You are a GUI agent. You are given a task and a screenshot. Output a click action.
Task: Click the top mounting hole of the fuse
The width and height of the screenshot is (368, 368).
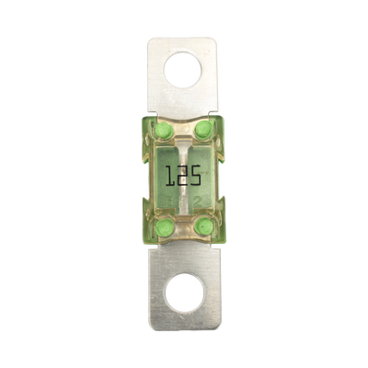coord(184,69)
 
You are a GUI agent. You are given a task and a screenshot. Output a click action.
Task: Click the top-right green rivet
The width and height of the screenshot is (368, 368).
coord(205,126)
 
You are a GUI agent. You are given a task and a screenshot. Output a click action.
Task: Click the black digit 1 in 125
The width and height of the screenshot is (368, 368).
coord(171,174)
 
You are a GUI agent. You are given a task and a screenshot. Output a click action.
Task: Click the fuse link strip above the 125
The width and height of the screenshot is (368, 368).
coord(184,145)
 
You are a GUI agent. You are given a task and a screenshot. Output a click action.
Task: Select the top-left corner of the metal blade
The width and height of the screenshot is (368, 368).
coord(148,38)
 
